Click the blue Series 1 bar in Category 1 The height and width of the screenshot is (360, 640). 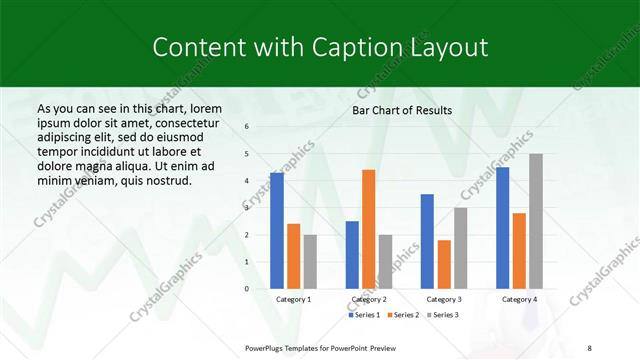[276, 231]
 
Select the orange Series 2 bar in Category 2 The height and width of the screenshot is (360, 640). [369, 229]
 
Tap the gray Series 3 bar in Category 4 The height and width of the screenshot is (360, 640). [536, 221]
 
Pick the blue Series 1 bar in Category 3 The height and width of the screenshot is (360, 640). [427, 241]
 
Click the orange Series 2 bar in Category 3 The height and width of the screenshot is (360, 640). [444, 264]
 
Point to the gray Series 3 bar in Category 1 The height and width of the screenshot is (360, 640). [310, 262]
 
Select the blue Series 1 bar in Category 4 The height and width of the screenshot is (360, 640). [502, 228]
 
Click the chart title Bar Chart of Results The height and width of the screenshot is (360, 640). [402, 110]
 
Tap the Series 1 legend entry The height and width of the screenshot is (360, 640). [364, 315]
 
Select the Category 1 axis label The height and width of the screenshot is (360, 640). [293, 299]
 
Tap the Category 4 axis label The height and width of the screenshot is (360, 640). [518, 299]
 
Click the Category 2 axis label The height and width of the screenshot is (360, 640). [368, 299]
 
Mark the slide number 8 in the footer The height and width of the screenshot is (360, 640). [589, 346]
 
